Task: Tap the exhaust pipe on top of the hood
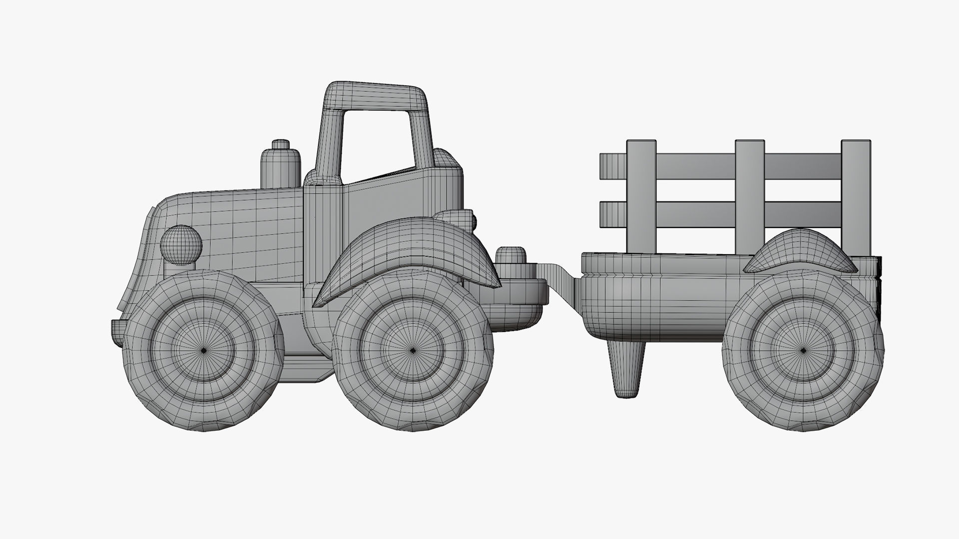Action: pyautogui.click(x=281, y=165)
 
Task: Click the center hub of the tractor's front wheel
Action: pyautogui.click(x=204, y=351)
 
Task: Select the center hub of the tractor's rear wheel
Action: pyautogui.click(x=413, y=351)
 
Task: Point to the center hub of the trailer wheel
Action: pyautogui.click(x=803, y=351)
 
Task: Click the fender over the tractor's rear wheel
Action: pyautogui.click(x=410, y=250)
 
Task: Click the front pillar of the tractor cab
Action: pyautogui.click(x=328, y=145)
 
